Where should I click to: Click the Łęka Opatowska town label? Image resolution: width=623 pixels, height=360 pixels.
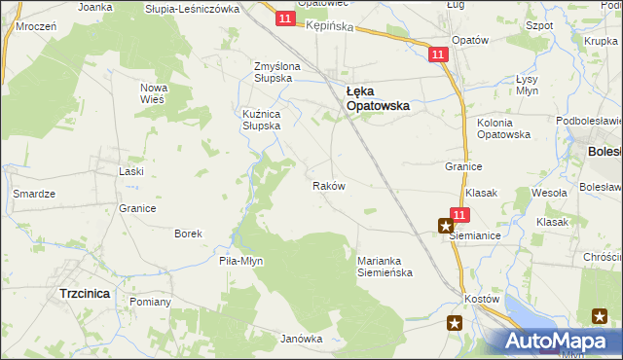(x=379, y=97)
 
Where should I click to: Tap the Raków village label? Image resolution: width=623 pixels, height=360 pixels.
(x=328, y=185)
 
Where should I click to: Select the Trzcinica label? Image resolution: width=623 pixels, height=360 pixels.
(x=84, y=293)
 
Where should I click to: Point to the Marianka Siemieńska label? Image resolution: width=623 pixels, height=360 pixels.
(x=385, y=266)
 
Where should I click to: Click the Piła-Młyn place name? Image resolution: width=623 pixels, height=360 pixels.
(x=241, y=261)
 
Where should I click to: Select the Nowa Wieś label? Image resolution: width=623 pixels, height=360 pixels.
(x=155, y=93)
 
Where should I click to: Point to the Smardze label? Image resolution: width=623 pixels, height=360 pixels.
(x=32, y=194)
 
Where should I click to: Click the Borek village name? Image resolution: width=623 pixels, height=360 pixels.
(x=188, y=234)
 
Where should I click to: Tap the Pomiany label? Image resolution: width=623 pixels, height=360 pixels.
(x=150, y=302)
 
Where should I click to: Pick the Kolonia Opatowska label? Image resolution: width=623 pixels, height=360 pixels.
(x=503, y=128)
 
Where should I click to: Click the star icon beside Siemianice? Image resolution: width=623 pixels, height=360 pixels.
(x=446, y=226)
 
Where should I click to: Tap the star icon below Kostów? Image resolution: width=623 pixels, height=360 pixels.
(x=455, y=323)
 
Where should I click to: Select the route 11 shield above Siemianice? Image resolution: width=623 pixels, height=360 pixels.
(x=460, y=215)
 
